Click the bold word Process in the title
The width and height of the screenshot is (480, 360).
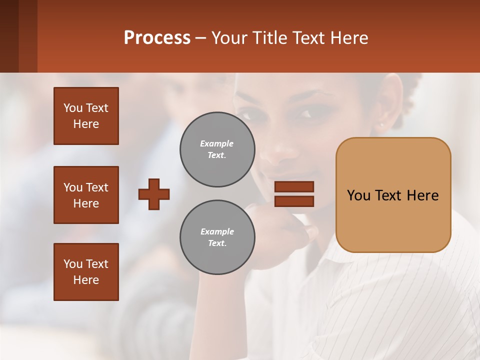[x=157, y=38]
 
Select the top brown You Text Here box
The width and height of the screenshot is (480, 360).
[x=86, y=116]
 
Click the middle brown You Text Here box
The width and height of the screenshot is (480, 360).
[x=86, y=195]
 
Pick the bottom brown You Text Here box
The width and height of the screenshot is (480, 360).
[x=86, y=272]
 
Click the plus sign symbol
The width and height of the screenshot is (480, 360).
[x=154, y=194]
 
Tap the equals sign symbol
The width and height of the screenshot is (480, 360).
[x=294, y=194]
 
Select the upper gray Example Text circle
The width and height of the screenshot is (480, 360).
[x=217, y=149]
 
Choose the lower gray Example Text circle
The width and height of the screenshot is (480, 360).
[x=217, y=237]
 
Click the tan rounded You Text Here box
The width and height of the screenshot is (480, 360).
[x=393, y=195]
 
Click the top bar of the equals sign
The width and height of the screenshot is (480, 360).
[x=294, y=187]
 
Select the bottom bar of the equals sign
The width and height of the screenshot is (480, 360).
[x=294, y=201]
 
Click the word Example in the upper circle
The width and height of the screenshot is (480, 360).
[x=217, y=143]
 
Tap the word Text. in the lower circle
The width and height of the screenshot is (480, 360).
[x=217, y=243]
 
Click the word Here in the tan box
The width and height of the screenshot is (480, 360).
[x=422, y=195]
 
